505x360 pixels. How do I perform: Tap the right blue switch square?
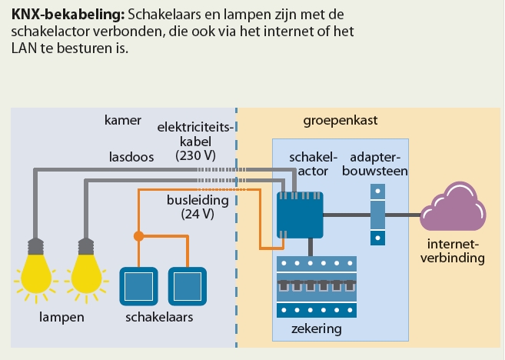[x=188, y=287]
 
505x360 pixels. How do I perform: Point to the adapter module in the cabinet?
[x=377, y=214]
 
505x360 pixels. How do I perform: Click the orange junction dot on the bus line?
[x=138, y=236]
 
